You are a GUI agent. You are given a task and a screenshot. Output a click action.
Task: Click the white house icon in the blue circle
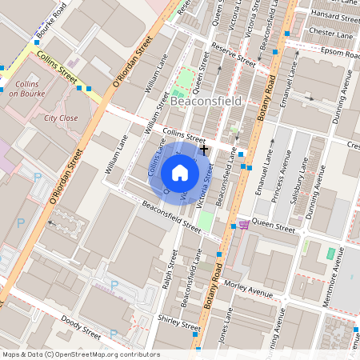coord(180,173)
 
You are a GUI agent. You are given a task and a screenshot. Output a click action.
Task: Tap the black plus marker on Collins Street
coord(205,149)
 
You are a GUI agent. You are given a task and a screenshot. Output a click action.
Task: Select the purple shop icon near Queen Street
coord(243,225)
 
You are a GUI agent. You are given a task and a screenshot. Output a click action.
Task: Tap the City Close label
coord(61,118)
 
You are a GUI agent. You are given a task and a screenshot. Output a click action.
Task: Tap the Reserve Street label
coord(233,56)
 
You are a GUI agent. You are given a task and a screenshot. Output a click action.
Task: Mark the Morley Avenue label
coord(249,288)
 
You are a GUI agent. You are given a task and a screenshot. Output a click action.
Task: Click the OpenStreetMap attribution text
coord(80,354)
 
